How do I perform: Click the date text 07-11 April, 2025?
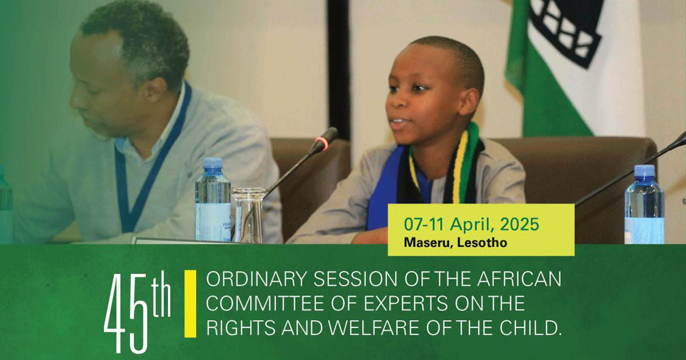pos(471,224)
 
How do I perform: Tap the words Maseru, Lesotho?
pos(456,243)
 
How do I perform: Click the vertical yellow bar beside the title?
pos(190,303)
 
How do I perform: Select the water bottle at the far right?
pos(644,204)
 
